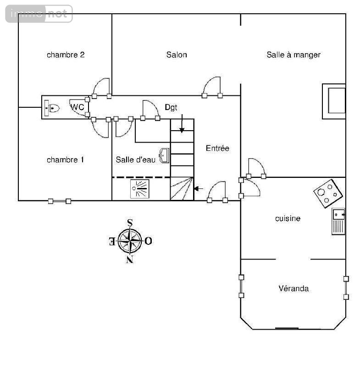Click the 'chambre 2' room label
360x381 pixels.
66,55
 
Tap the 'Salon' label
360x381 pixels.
177,55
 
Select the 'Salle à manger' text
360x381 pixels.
294,55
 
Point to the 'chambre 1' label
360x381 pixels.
66,160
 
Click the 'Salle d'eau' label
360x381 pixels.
135,160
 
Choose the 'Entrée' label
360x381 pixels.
217,148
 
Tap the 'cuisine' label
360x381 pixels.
288,218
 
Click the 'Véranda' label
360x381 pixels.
294,288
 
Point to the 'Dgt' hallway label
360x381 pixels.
171,107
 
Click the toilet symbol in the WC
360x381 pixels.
52,108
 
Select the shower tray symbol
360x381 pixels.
139,189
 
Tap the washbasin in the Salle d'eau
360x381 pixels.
164,155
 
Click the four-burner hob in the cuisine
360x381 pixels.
328,193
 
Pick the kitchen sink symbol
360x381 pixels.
338,221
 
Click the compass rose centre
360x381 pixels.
130,241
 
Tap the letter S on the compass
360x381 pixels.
130,222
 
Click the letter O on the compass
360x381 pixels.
148,241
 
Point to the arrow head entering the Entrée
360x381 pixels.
196,188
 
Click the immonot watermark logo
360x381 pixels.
39,14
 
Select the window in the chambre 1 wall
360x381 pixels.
60,201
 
